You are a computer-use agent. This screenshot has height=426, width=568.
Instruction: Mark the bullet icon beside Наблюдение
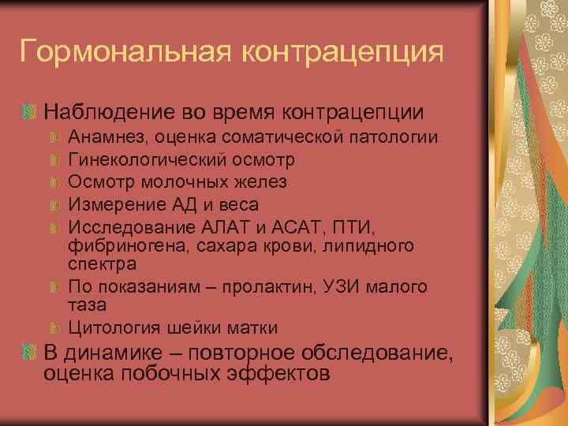tap(31, 113)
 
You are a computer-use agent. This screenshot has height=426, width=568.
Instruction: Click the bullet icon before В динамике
tap(31, 353)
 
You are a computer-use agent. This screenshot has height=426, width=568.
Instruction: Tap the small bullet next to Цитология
tap(55, 327)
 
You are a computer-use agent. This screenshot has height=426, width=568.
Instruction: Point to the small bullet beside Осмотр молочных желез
tap(55, 182)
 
